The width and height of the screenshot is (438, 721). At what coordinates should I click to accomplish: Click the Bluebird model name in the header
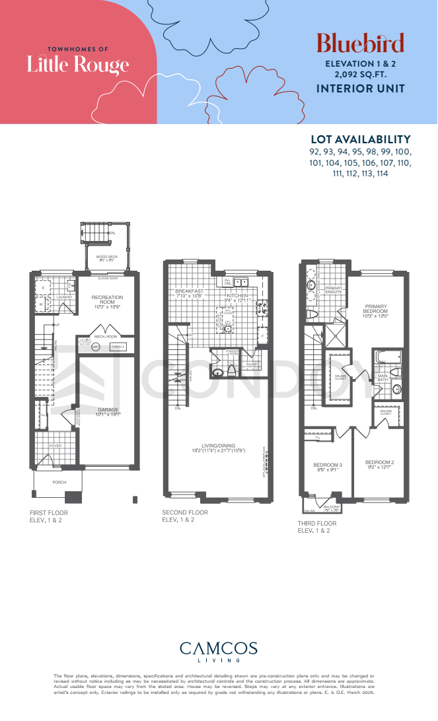[360, 44]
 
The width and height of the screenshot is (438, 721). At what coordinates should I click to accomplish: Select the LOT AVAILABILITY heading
[361, 139]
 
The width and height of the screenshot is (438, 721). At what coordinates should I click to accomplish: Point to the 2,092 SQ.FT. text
[360, 75]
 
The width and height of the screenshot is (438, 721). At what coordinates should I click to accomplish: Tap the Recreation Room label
[107, 301]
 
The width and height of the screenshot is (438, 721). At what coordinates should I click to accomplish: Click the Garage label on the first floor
[108, 412]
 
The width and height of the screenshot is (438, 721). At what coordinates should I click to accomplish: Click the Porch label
[59, 483]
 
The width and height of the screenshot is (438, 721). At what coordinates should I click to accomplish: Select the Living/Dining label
[218, 448]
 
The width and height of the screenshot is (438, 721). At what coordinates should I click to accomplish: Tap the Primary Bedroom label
[377, 311]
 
